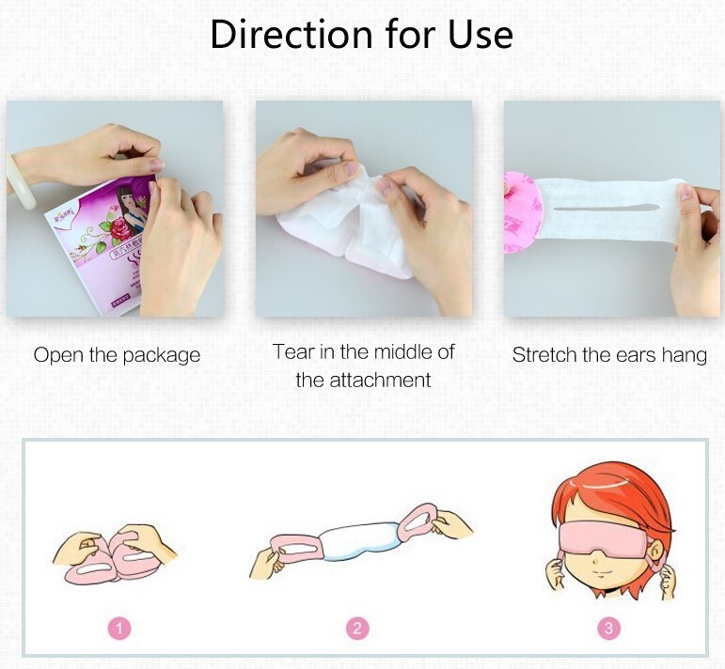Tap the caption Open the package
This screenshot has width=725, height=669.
coord(117,355)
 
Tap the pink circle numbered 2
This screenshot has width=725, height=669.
coord(357,628)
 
